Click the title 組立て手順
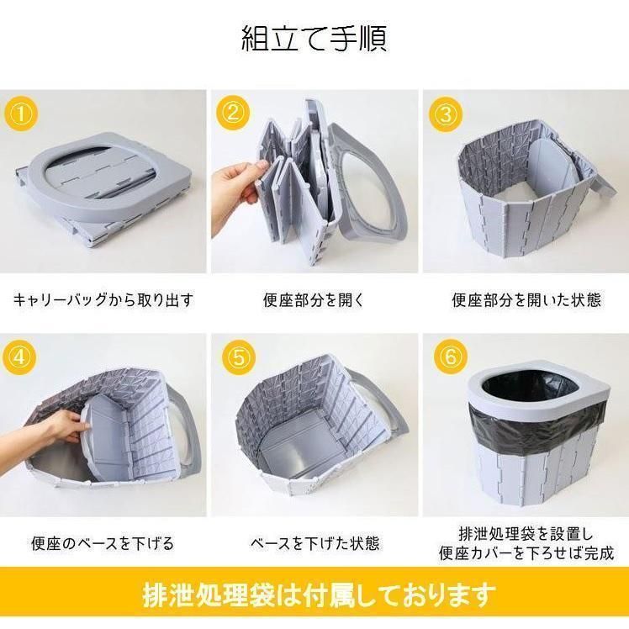[314, 39]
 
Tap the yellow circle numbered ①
[21, 114]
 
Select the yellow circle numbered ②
[233, 113]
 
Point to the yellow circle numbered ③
[446, 114]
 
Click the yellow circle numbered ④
[19, 357]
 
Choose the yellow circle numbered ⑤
[238, 357]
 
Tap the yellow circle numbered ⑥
[451, 357]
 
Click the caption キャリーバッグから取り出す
[103, 300]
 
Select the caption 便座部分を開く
[314, 300]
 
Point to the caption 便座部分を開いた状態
[526, 300]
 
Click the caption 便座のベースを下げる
[103, 543]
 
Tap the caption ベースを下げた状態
[314, 543]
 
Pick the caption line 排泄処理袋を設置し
[526, 534]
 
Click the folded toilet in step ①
[103, 188]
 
